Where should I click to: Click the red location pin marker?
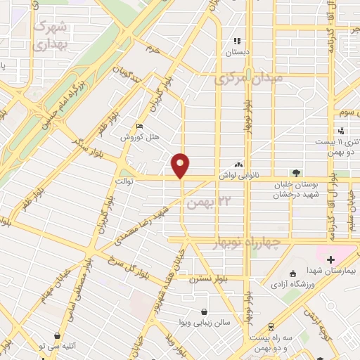click(x=181, y=165)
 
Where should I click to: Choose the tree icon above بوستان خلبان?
click(x=296, y=173)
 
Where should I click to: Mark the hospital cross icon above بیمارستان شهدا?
click(x=330, y=260)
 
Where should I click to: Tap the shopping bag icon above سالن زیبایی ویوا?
click(x=204, y=311)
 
